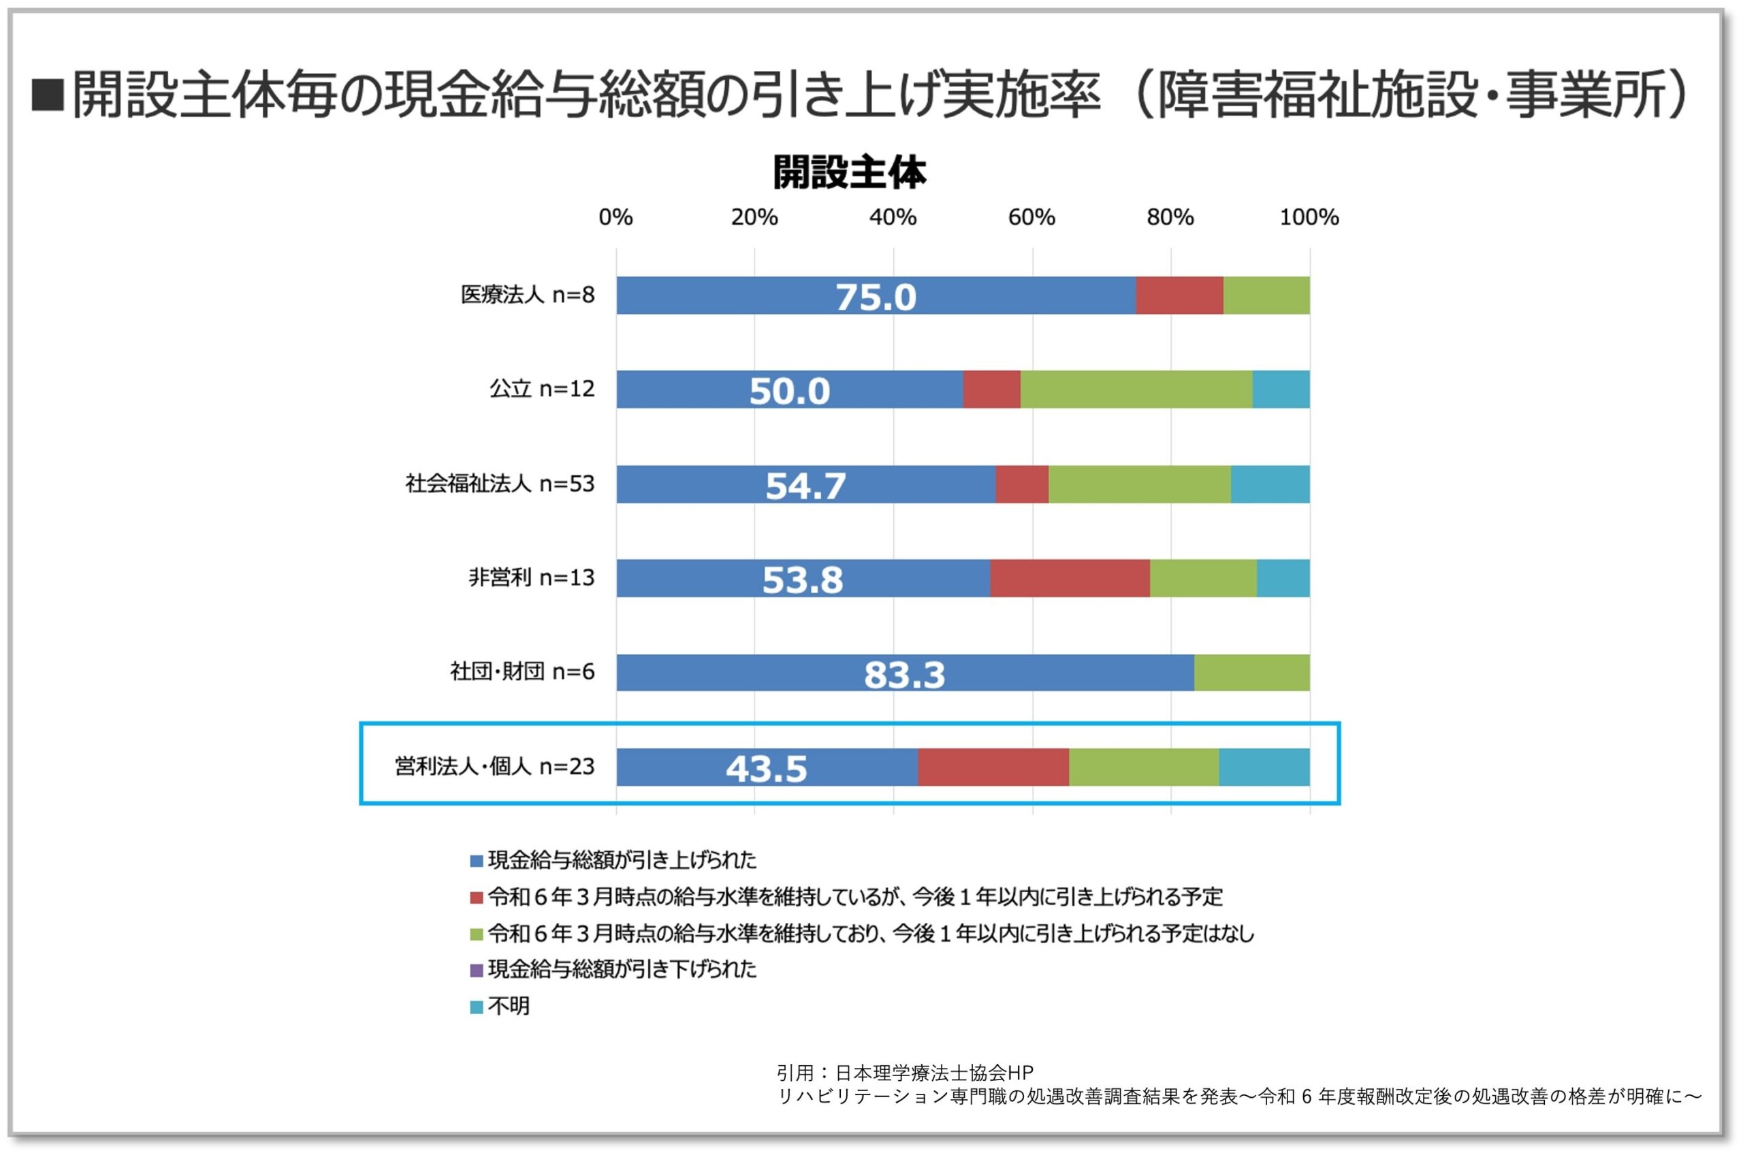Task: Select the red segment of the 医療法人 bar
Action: pyautogui.click(x=1179, y=296)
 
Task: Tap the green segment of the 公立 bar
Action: pyautogui.click(x=1136, y=390)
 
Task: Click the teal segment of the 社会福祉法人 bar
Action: pyautogui.click(x=1270, y=484)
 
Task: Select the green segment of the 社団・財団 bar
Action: pyautogui.click(x=1251, y=673)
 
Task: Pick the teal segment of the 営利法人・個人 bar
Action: pyautogui.click(x=1264, y=768)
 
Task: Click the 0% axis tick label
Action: pyautogui.click(x=615, y=217)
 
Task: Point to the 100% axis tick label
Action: pyautogui.click(x=1309, y=217)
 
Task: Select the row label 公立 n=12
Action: pyautogui.click(x=541, y=389)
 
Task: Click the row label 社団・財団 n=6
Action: pyautogui.click(x=522, y=672)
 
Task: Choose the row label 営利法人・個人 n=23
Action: pyautogui.click(x=494, y=767)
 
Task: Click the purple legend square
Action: pyautogui.click(x=477, y=971)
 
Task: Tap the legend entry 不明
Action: pyautogui.click(x=508, y=1007)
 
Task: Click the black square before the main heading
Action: pyautogui.click(x=48, y=95)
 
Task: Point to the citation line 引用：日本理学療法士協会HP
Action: pyautogui.click(x=904, y=1073)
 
